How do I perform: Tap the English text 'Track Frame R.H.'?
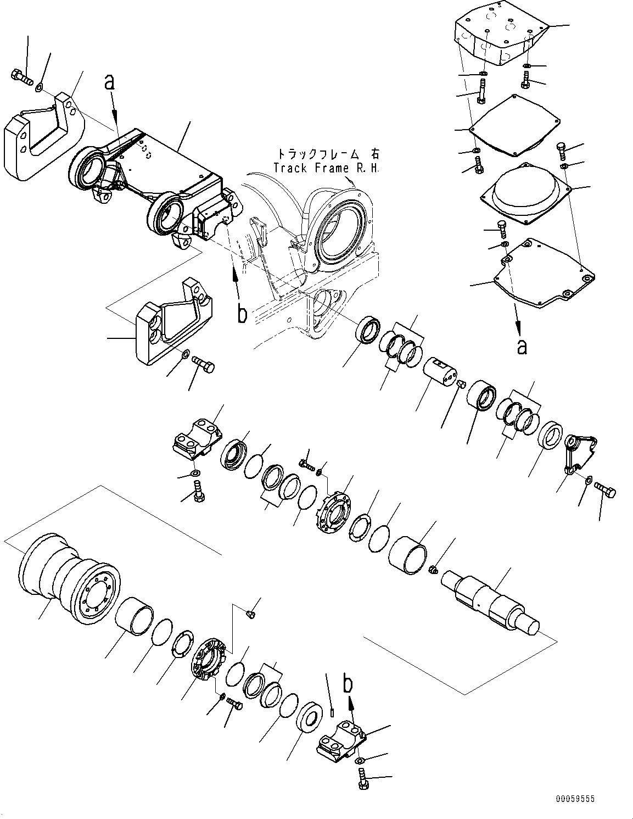[326, 168]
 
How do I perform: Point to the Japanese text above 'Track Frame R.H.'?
[328, 154]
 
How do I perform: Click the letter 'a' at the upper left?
[110, 82]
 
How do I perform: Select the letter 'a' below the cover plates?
[522, 346]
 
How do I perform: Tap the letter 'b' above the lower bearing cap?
[348, 685]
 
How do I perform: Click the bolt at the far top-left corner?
[21, 79]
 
